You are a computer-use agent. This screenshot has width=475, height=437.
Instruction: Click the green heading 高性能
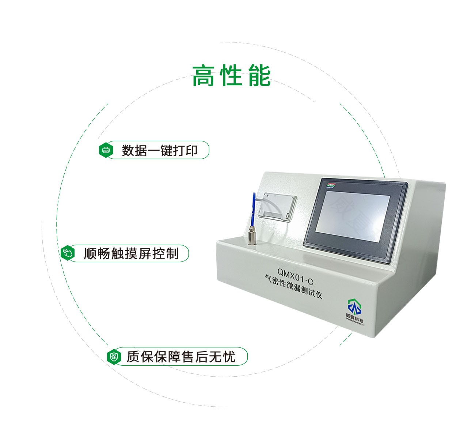tap(231, 76)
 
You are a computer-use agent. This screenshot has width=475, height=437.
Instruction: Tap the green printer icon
tap(106, 150)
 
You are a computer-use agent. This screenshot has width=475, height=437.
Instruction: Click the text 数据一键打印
tap(160, 150)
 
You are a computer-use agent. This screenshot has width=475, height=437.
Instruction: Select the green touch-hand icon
tap(67, 253)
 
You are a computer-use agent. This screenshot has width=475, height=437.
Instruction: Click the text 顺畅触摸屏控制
tap(131, 253)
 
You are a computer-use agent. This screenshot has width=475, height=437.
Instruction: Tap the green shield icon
tap(114, 357)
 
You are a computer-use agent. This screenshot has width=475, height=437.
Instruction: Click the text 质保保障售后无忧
tap(181, 357)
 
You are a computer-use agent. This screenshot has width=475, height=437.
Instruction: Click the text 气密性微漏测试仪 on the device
tap(294, 287)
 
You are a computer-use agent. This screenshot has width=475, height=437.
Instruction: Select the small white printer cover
tap(277, 207)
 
